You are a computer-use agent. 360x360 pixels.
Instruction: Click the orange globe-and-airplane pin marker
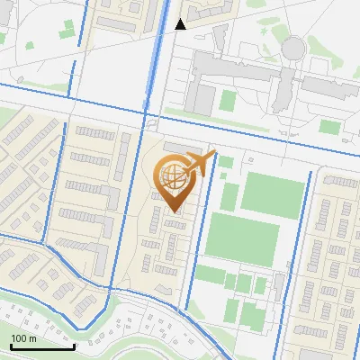[176, 180]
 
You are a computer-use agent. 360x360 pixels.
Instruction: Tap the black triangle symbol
[180, 24]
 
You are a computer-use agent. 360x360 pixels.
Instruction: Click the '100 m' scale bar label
[23, 338]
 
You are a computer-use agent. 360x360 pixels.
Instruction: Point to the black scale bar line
[42, 346]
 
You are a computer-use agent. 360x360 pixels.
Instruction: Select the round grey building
[293, 48]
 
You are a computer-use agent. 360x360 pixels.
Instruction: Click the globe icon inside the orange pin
[172, 175]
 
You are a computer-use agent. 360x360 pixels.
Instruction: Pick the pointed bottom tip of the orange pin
[173, 212]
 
